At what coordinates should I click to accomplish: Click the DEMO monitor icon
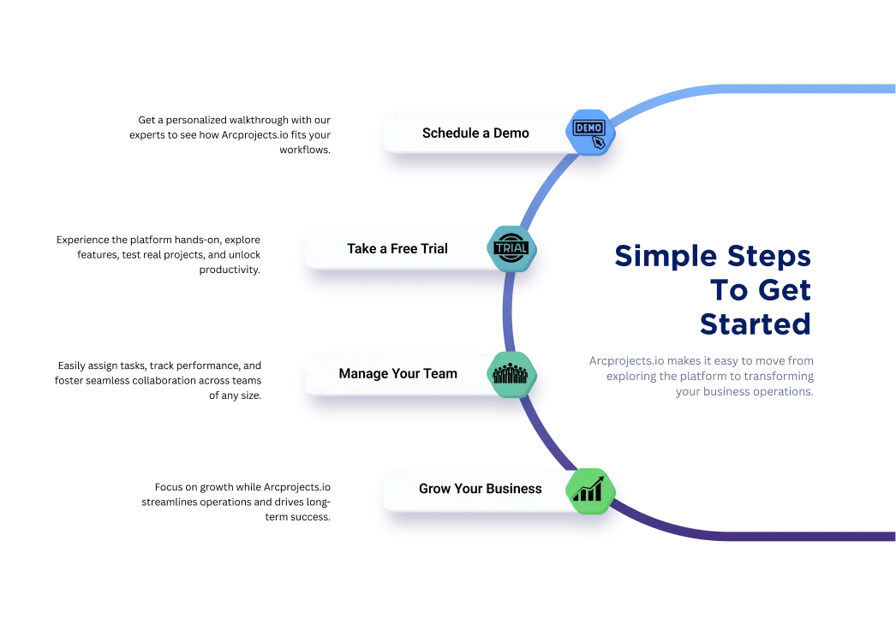588,128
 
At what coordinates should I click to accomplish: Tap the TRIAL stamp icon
511,249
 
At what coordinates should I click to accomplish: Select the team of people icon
511,374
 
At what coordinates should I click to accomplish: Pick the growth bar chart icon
589,490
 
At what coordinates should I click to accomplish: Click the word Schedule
450,134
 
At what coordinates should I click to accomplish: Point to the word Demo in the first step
511,134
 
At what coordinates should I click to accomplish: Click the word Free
404,249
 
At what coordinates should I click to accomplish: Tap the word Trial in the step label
434,249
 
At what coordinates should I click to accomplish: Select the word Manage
363,374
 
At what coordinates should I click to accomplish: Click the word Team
440,374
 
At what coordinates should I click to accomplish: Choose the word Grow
435,489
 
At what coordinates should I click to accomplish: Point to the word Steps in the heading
769,256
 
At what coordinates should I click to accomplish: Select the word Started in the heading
756,324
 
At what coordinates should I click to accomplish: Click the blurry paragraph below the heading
702,376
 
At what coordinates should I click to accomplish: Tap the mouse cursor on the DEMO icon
599,142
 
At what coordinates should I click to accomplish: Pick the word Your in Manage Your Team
402,374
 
